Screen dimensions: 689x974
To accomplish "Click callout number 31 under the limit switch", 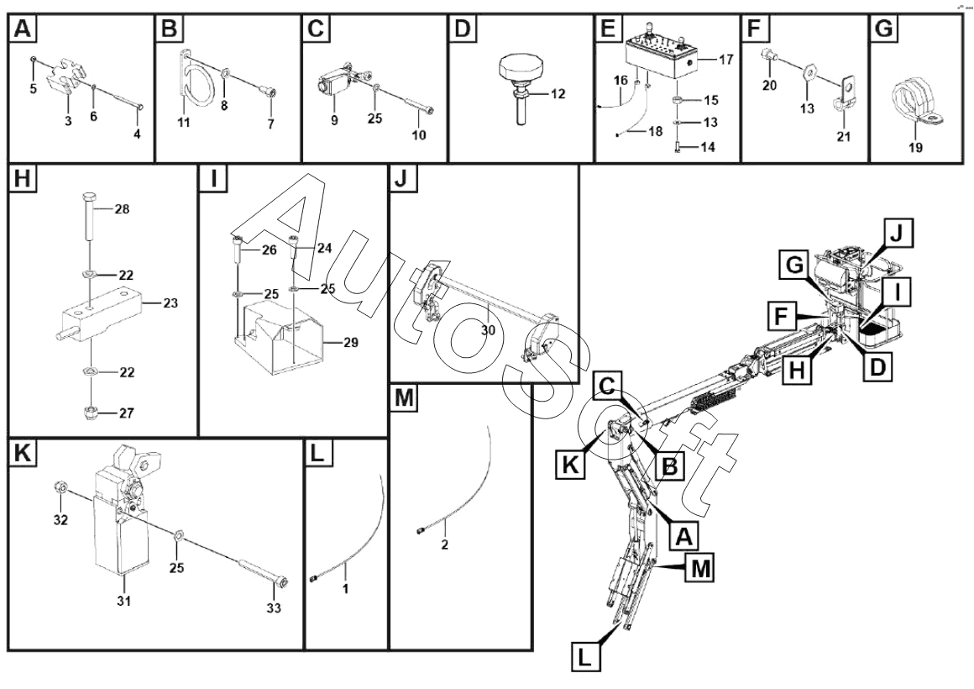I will (x=123, y=601).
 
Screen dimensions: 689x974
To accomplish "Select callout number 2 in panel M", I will (x=444, y=545).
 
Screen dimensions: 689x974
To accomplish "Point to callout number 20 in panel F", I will (x=768, y=85).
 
